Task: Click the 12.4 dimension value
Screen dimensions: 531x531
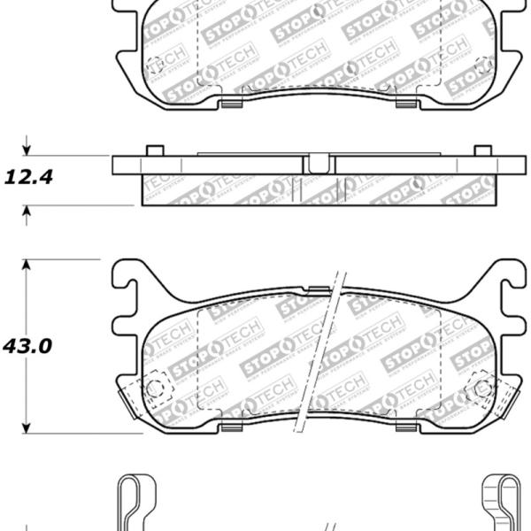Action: tap(29, 177)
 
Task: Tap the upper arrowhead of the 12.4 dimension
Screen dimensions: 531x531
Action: tap(27, 150)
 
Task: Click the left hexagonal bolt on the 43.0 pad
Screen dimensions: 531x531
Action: tap(157, 388)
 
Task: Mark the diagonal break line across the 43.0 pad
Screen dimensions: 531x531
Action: tap(320, 354)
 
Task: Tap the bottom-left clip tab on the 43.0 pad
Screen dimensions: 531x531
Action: tap(231, 429)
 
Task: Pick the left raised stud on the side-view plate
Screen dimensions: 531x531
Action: tap(153, 150)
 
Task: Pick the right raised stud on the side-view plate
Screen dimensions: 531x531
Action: tap(483, 150)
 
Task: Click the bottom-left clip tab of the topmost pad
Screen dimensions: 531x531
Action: tap(231, 105)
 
